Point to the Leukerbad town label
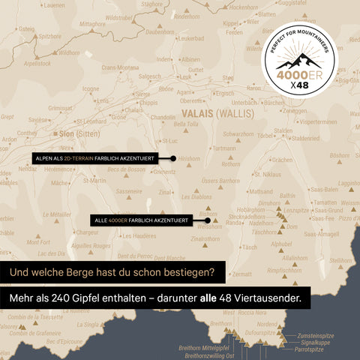190,37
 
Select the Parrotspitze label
309,349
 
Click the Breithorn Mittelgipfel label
204,348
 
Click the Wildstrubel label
119,17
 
